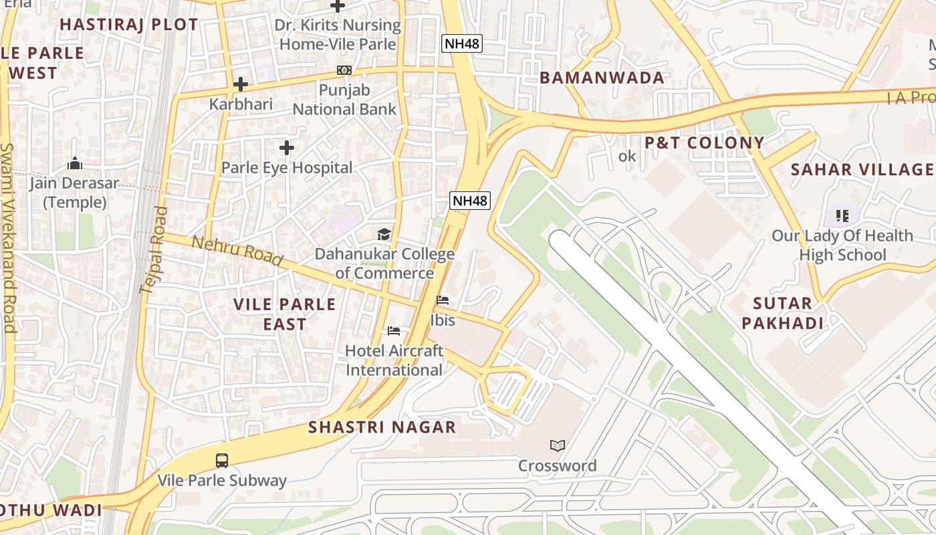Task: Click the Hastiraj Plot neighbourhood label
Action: pos(129,25)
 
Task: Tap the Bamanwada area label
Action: pos(602,78)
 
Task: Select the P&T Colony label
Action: pos(704,142)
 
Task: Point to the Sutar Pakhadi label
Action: pos(782,313)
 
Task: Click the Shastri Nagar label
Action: pos(382,427)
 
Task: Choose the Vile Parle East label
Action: pos(285,314)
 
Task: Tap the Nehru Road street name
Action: pos(237,251)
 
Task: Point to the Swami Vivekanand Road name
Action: pos(8,237)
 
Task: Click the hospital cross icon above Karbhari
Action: pos(241,84)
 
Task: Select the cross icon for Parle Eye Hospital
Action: pos(287,147)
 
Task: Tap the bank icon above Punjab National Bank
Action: pos(344,70)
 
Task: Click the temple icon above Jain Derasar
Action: pos(75,163)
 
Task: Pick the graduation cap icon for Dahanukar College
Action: pos(384,234)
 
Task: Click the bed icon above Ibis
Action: pos(443,300)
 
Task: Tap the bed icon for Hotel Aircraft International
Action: pos(394,331)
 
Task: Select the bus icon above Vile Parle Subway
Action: pos(221,460)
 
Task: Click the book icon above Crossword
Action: pos(557,445)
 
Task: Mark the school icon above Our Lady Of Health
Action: pos(842,215)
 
